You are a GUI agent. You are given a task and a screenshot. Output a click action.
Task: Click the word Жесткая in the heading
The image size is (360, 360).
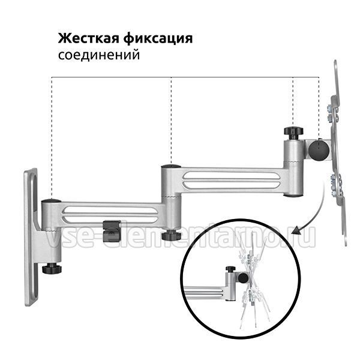click(89, 38)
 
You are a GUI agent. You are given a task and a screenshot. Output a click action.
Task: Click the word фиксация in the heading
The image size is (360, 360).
click(158, 39)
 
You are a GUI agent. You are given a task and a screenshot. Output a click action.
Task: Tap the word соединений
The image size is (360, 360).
click(99, 55)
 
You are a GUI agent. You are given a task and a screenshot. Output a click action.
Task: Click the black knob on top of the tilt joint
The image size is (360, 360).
click(293, 132)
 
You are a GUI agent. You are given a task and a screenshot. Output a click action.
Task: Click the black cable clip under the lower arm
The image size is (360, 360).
click(112, 232)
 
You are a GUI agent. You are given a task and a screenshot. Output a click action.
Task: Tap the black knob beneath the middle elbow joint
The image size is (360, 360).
click(171, 235)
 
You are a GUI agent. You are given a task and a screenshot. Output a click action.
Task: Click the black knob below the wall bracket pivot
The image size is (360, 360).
click(52, 268)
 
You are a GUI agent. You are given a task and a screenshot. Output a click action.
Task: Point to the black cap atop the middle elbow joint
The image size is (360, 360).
click(171, 166)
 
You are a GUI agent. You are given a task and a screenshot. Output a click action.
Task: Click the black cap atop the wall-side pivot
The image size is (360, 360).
click(51, 201)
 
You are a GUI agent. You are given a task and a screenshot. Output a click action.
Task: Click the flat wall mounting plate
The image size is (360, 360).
click(31, 237)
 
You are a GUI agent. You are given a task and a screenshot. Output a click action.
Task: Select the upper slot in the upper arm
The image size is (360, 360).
click(232, 176)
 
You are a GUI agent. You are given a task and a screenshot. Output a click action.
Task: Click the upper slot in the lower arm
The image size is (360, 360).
click(110, 211)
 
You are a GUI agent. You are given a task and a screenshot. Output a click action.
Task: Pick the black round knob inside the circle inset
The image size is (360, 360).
click(243, 278)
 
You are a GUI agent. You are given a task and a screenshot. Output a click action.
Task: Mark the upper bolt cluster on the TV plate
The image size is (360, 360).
click(332, 113)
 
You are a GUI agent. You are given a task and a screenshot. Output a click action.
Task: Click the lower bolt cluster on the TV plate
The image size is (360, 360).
click(336, 186)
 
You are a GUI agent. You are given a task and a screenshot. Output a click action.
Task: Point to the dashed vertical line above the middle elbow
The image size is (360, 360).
click(171, 121)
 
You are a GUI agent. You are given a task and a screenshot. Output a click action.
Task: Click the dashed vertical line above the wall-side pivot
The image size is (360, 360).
click(52, 138)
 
